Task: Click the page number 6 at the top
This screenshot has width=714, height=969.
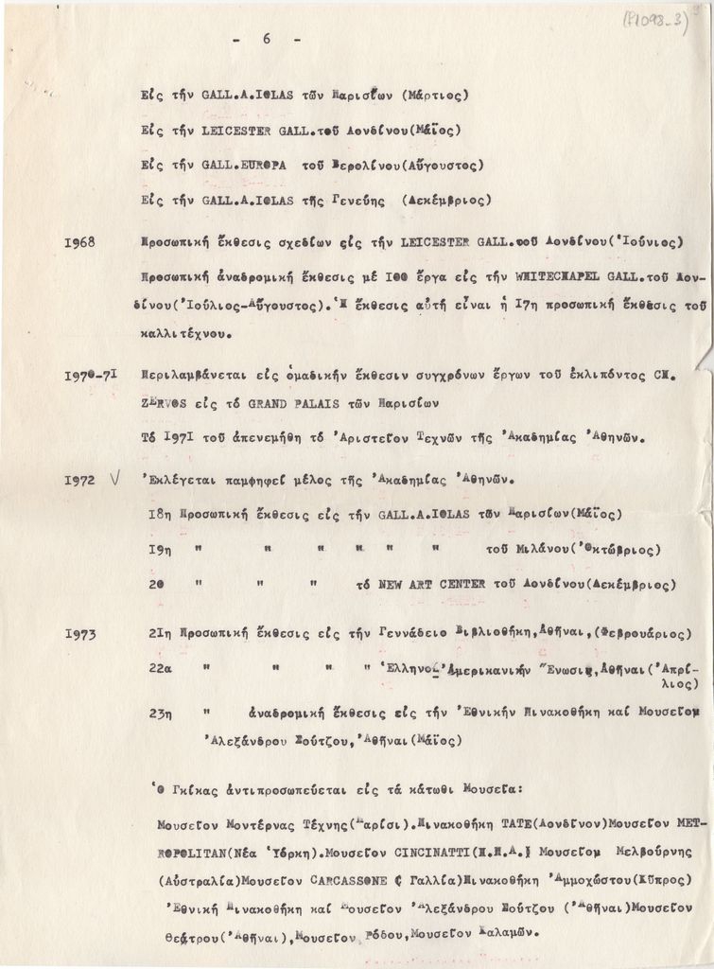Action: coord(267,40)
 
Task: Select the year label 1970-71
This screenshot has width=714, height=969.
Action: coord(91,375)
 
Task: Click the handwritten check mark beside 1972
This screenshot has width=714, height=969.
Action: coord(113,480)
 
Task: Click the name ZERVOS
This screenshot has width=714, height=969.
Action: coord(164,402)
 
